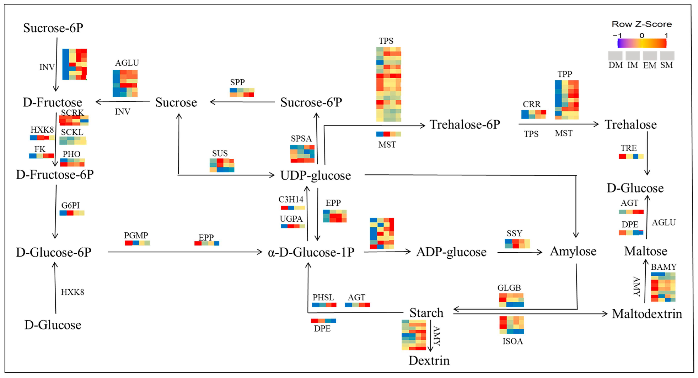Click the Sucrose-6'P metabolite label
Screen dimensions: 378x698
pyautogui.click(x=311, y=102)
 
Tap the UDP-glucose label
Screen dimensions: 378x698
pyautogui.click(x=315, y=175)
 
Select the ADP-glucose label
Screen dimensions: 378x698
pyautogui.click(x=451, y=252)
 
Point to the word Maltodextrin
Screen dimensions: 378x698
pyautogui.click(x=647, y=314)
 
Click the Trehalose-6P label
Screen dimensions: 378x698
pyautogui.click(x=465, y=125)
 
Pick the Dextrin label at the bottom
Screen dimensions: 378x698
pyautogui.click(x=429, y=360)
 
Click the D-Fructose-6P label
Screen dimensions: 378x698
pyautogui.click(x=55, y=174)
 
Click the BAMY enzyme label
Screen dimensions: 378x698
pyautogui.click(x=664, y=267)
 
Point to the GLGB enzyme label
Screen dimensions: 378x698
pyautogui.click(x=509, y=288)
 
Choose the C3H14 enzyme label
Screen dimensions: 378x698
pyautogui.click(x=291, y=199)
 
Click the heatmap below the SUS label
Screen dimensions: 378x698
pyautogui.click(x=222, y=165)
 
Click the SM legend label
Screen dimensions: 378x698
pyautogui.click(x=666, y=65)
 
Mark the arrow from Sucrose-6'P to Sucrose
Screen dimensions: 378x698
pyautogui.click(x=242, y=102)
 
